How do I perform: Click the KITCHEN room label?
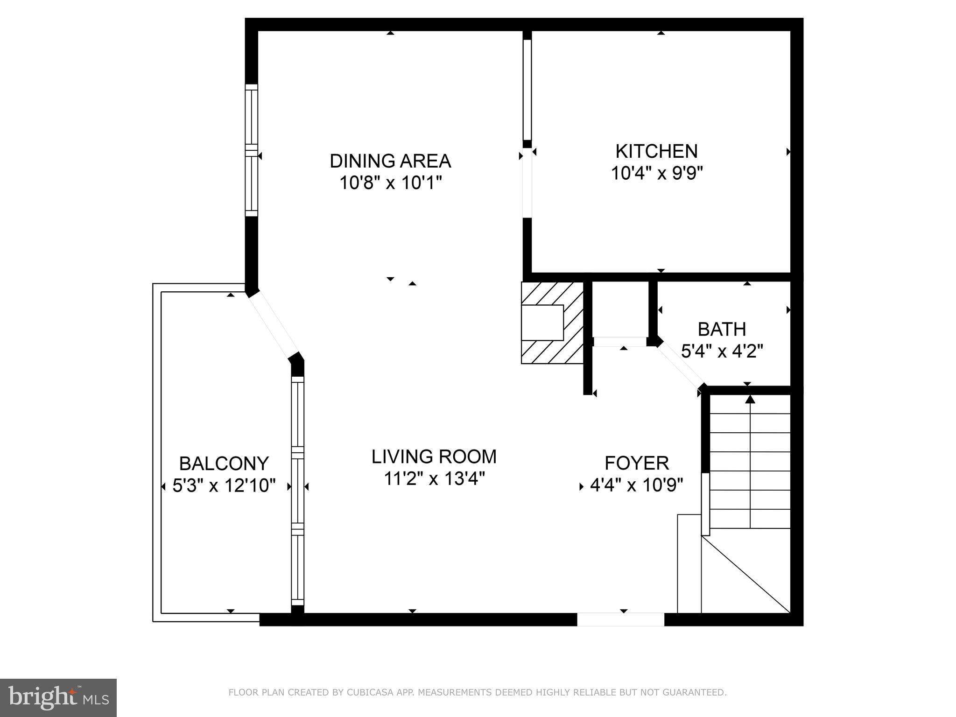pyautogui.click(x=656, y=151)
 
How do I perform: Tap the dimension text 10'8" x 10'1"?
pyautogui.click(x=390, y=183)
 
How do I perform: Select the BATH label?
pyautogui.click(x=722, y=330)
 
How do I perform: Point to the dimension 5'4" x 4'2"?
pyautogui.click(x=722, y=351)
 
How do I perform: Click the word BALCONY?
pyautogui.click(x=224, y=464)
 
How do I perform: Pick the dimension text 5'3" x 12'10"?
pyautogui.click(x=224, y=486)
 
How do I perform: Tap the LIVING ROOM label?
pyautogui.click(x=434, y=457)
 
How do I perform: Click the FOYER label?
pyautogui.click(x=637, y=463)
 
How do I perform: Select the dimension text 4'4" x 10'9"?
pyautogui.click(x=637, y=485)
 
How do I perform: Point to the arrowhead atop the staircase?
pyautogui.click(x=750, y=399)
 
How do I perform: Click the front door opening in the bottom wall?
pyautogui.click(x=620, y=619)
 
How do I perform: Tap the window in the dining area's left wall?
pyautogui.click(x=252, y=150)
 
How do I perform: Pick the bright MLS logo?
pyautogui.click(x=58, y=697)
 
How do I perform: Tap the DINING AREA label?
pyautogui.click(x=390, y=161)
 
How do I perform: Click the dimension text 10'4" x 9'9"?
pyautogui.click(x=656, y=173)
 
